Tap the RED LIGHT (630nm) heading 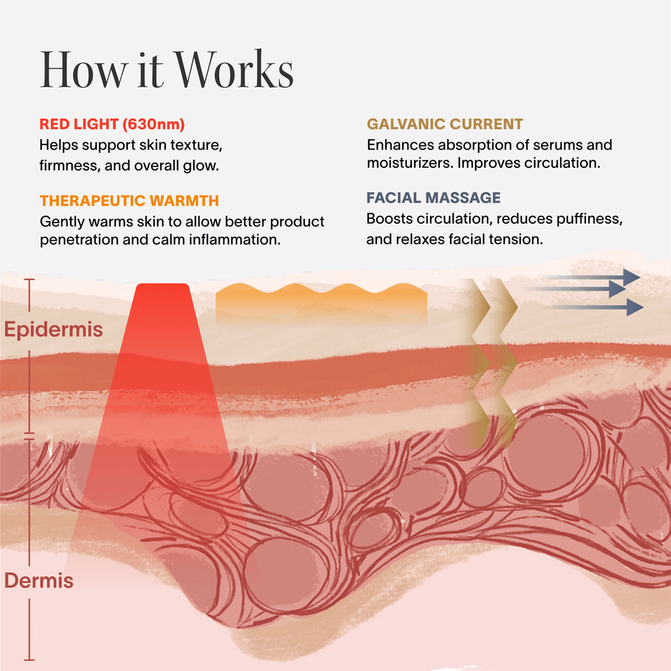click(112, 125)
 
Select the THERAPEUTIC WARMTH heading click(129, 201)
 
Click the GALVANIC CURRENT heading click(445, 124)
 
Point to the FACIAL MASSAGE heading click(433, 197)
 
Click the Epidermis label click(54, 329)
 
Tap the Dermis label click(39, 580)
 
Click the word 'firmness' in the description click(66, 165)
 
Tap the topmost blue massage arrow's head click(631, 277)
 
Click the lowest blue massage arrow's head click(634, 307)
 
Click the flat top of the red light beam click(163, 286)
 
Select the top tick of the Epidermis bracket click(29, 280)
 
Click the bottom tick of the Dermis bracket click(29, 658)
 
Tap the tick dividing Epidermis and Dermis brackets click(29, 435)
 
